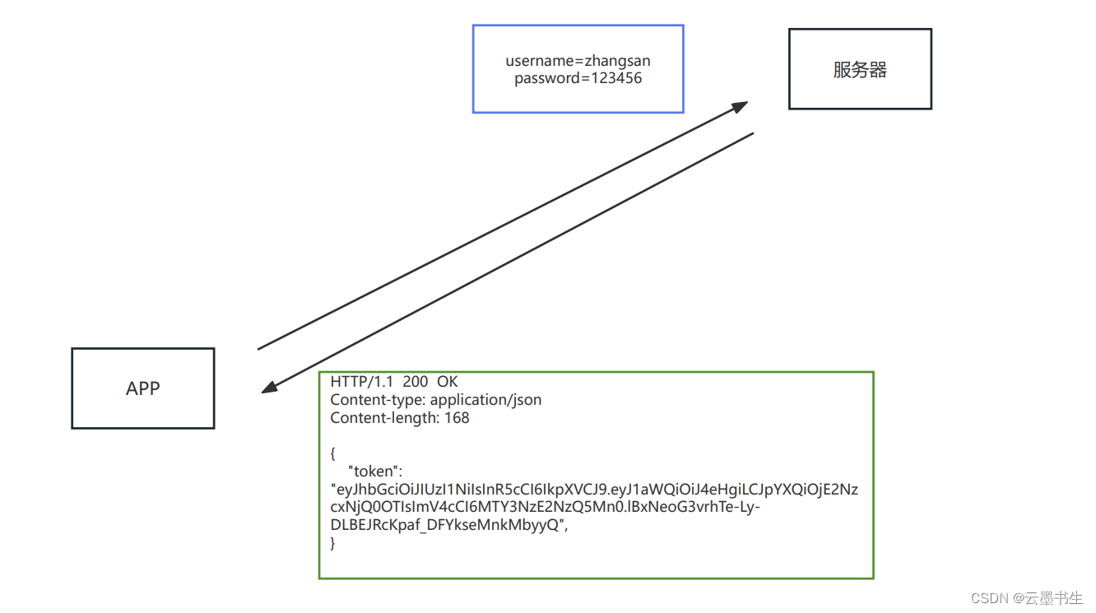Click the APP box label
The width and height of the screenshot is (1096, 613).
point(142,388)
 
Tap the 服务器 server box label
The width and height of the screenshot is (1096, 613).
point(860,70)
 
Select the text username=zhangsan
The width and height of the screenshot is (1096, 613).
point(578,61)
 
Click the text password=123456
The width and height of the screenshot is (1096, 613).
point(578,79)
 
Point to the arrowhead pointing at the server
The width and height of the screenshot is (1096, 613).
point(740,105)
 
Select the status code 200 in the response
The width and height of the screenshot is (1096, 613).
point(416,382)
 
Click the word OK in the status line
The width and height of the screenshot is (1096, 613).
point(447,382)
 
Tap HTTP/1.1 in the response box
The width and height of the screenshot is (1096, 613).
point(362,382)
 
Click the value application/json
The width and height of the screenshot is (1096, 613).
point(485,400)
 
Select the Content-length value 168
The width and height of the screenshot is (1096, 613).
point(457,418)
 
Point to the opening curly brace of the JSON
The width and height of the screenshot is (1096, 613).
point(333,453)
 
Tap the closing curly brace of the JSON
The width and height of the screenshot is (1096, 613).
point(333,543)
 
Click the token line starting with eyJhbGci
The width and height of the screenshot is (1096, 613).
point(593,490)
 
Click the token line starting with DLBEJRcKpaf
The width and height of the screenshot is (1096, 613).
point(448,526)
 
